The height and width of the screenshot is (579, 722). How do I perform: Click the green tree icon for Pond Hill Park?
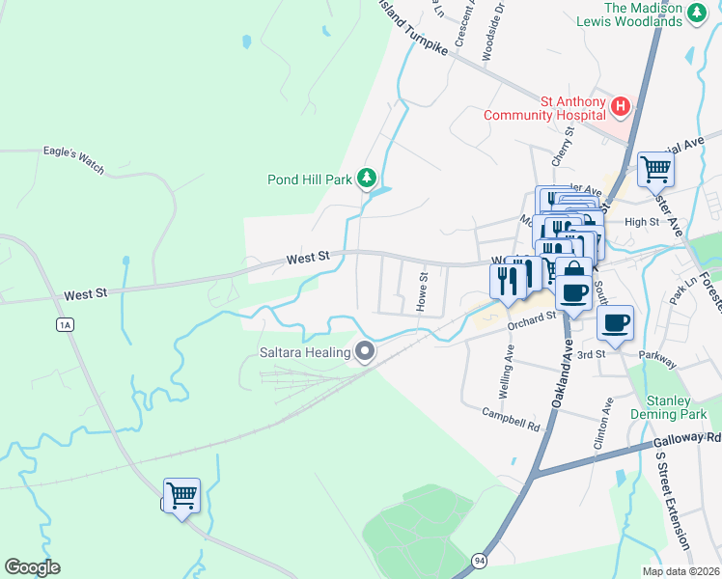tap(366, 178)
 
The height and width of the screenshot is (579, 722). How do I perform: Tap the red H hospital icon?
tap(621, 105)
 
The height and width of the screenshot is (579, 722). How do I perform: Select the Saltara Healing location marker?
tap(364, 352)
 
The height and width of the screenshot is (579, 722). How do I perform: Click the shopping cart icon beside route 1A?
tap(181, 496)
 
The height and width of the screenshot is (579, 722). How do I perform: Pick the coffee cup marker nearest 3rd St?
tap(615, 323)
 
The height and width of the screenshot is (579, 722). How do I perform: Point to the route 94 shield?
tap(480, 560)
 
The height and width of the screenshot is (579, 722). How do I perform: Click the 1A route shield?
tap(65, 324)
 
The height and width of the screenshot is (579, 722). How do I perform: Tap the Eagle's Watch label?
tap(73, 152)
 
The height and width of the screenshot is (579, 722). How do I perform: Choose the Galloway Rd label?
tap(687, 438)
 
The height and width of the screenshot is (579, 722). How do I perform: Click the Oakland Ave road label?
tap(566, 374)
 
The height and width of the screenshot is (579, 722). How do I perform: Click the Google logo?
tap(32, 567)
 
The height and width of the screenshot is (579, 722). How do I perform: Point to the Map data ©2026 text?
tap(681, 571)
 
